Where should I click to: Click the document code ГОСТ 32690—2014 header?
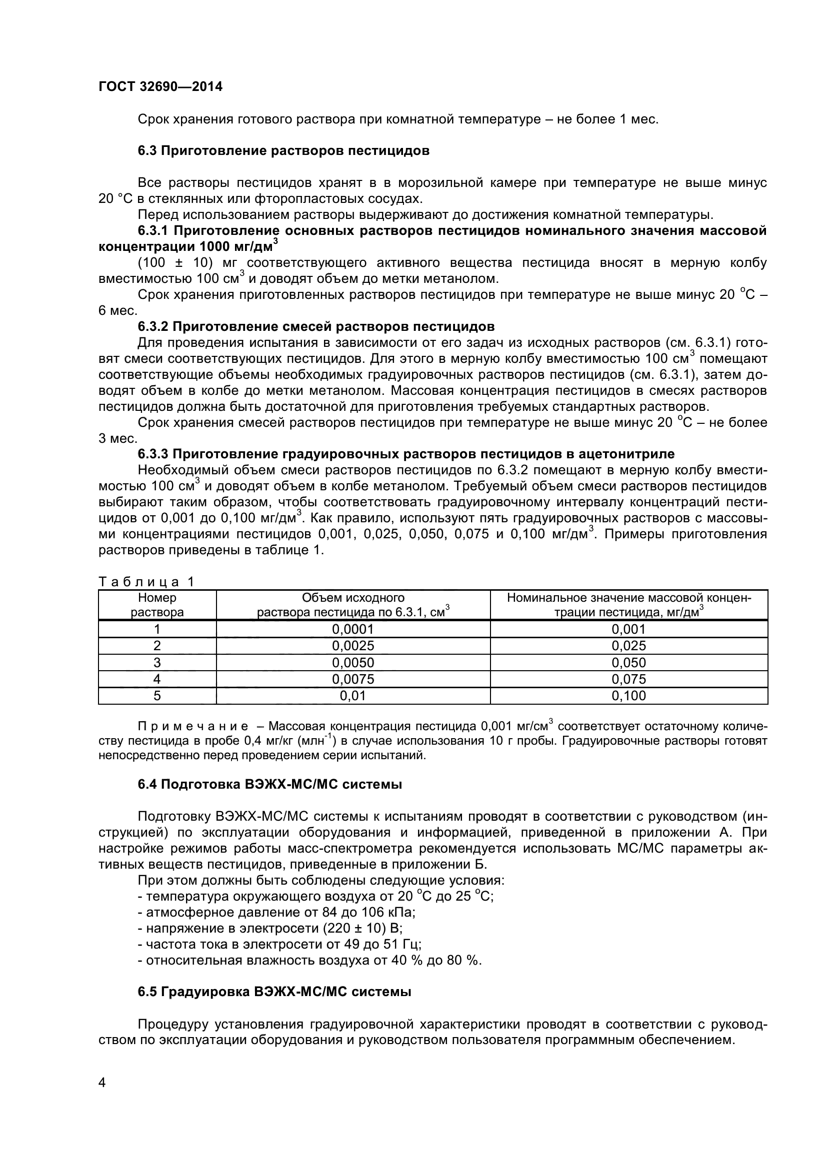point(160,86)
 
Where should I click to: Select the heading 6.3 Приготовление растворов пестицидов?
point(283,151)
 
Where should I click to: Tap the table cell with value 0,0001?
point(353,629)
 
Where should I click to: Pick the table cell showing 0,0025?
point(353,646)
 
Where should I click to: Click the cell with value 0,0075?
point(353,679)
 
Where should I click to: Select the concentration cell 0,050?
point(628,662)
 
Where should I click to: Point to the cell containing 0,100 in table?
point(628,696)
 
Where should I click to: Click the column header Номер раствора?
point(157,605)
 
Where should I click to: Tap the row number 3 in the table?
point(157,662)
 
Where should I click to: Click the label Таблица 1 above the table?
point(146,581)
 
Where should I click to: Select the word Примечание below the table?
point(193,726)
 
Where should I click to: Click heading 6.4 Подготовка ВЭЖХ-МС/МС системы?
point(270,785)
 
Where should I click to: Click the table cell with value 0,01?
point(353,696)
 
